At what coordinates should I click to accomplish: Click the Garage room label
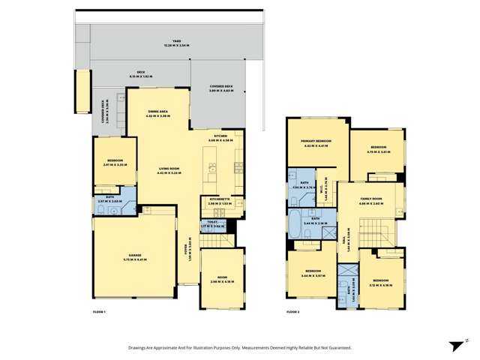124,256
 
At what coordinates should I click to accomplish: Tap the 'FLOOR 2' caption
292,311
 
